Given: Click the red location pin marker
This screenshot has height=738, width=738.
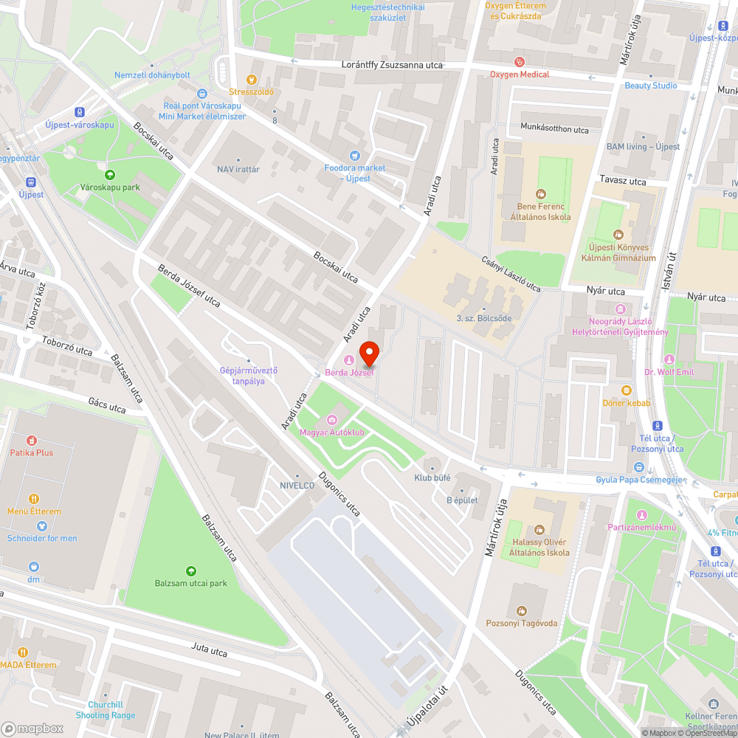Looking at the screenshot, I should [368, 354].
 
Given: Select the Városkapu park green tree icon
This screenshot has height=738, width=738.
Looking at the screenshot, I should [110, 175].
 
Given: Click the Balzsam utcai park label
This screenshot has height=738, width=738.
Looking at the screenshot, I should [191, 583].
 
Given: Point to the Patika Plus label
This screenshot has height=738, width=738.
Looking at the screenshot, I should [31, 452].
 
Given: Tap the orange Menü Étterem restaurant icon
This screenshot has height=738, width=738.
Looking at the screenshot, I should [33, 499].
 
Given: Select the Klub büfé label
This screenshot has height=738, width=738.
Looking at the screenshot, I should [432, 477].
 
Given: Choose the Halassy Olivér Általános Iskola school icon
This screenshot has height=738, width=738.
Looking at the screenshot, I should [541, 529].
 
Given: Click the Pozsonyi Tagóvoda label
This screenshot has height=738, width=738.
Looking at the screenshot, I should [522, 624].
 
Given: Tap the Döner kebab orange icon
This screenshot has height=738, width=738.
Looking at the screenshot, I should [627, 390].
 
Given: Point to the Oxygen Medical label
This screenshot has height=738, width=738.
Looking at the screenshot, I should [520, 75].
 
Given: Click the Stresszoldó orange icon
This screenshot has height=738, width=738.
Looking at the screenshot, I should [252, 80].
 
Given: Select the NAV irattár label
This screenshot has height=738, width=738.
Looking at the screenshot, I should [238, 169].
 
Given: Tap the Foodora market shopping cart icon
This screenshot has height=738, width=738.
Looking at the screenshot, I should [355, 155].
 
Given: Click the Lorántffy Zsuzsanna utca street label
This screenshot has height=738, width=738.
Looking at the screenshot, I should [392, 65].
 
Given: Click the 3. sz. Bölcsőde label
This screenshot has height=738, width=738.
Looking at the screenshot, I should [483, 318].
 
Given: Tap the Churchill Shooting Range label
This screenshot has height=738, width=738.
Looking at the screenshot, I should [106, 710].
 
